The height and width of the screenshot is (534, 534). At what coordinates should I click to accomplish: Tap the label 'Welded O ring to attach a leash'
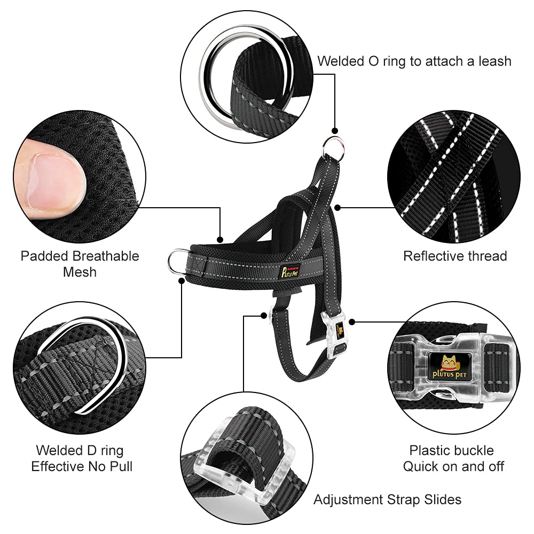(x=414, y=61)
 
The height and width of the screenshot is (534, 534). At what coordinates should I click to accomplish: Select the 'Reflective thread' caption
(x=455, y=256)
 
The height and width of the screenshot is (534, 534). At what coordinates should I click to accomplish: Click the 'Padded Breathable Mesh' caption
(x=80, y=264)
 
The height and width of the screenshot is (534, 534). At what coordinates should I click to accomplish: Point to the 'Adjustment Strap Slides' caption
(x=387, y=500)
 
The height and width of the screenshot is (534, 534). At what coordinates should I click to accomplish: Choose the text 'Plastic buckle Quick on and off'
(x=453, y=458)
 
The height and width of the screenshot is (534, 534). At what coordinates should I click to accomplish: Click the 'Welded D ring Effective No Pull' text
(x=82, y=458)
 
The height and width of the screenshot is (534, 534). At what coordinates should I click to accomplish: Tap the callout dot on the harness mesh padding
(x=219, y=239)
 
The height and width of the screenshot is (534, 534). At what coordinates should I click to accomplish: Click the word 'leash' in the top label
(x=491, y=61)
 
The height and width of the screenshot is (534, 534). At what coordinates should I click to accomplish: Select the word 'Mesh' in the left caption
(x=80, y=272)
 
